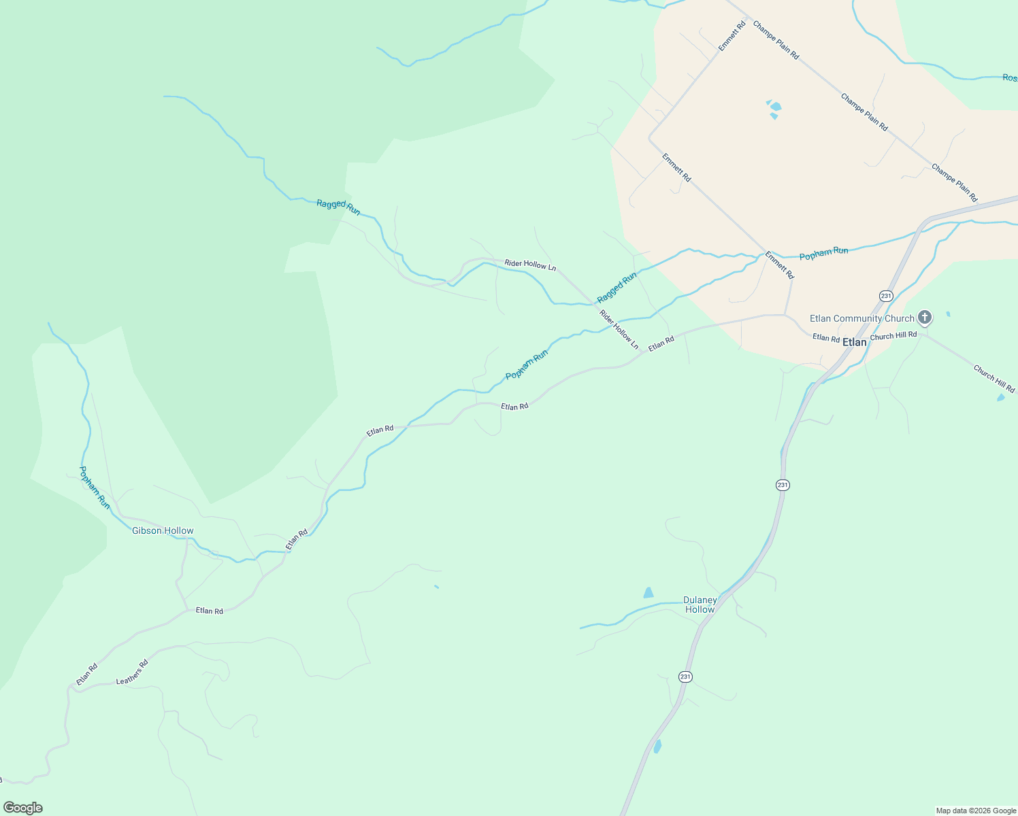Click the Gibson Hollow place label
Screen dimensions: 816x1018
163,530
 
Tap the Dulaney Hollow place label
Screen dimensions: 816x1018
700,605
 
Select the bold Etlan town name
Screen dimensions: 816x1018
855,342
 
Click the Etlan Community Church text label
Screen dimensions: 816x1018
861,318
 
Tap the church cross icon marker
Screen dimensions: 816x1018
924,317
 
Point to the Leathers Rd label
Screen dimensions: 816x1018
132,672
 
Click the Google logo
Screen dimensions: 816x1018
22,808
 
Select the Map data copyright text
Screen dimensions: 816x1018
976,811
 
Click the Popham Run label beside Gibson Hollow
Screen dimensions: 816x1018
95,487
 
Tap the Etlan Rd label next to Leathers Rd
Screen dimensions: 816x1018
87,673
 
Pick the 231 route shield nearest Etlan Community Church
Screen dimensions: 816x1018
885,296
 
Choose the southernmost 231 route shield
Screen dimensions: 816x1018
685,677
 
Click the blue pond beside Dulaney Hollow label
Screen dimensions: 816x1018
648,593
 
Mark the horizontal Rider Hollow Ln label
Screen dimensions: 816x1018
530,265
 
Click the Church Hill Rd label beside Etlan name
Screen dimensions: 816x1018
893,335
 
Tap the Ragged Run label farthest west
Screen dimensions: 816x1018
338,207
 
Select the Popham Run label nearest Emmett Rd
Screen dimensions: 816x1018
823,254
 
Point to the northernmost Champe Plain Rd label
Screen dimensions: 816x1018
776,40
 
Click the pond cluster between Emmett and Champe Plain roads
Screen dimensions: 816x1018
774,108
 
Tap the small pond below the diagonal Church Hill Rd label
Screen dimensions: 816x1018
1000,397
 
